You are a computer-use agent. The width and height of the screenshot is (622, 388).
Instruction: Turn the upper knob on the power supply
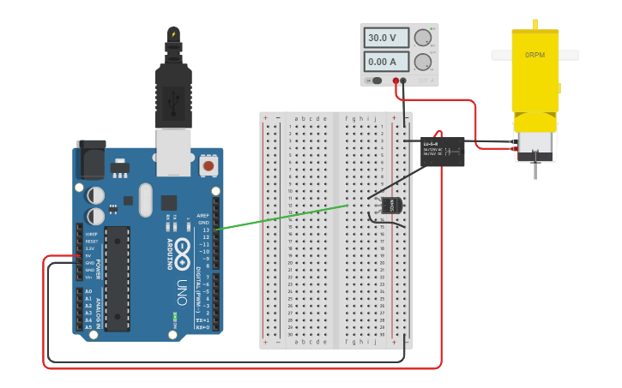click(422, 38)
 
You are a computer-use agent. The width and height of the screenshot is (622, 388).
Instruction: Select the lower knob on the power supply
click(422, 62)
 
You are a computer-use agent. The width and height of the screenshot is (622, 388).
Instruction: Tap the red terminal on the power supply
click(396, 81)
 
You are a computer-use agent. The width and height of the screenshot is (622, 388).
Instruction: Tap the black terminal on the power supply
click(403, 81)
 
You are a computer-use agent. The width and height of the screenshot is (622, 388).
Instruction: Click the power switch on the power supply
click(375, 81)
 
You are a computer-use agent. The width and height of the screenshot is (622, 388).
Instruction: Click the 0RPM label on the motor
click(534, 55)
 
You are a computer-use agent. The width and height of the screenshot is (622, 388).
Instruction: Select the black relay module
click(442, 152)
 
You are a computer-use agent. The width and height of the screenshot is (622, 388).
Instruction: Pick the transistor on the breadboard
click(390, 205)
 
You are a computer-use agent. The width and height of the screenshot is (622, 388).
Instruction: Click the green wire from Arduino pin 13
click(283, 217)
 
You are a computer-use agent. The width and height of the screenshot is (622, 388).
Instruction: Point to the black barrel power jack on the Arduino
click(91, 159)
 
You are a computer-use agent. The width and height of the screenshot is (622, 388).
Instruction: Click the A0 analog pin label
click(88, 291)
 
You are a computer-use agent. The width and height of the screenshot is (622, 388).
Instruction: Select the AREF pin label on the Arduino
click(202, 215)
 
